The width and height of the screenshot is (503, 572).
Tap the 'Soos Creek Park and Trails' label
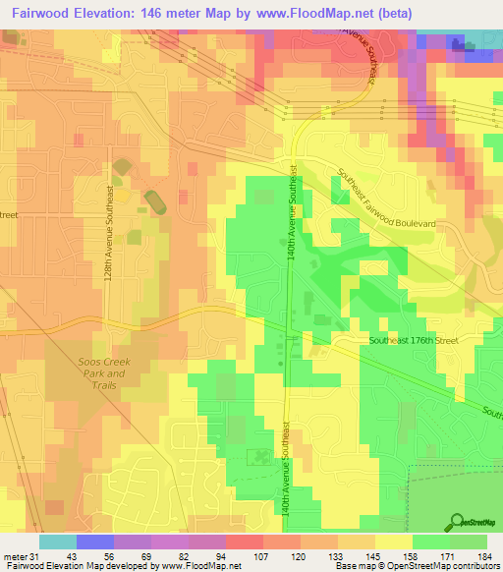point(102,372)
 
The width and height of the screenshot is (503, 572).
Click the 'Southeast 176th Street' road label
point(414,340)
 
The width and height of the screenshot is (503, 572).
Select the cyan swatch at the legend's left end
point(57,542)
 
